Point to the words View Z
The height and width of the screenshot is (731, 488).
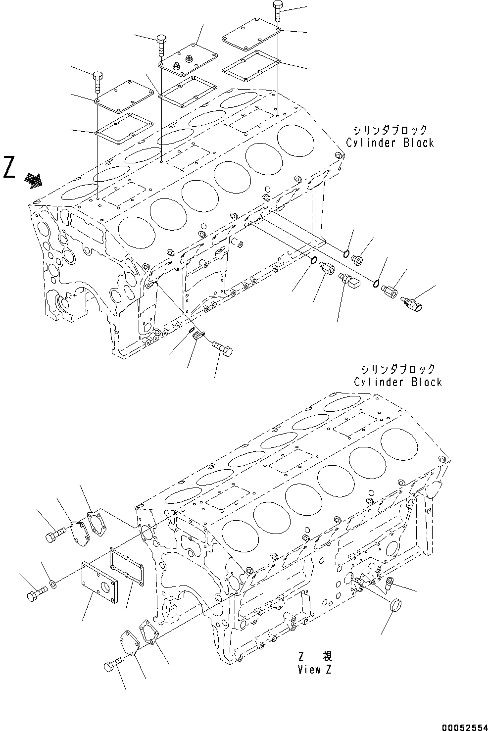click(315, 670)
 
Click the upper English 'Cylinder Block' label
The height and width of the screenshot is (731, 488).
click(390, 143)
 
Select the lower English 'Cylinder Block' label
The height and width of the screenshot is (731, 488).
click(397, 382)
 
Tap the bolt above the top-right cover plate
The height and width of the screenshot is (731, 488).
click(277, 11)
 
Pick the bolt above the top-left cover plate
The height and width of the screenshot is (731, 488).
click(98, 82)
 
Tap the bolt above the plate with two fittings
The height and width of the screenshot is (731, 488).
click(160, 45)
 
